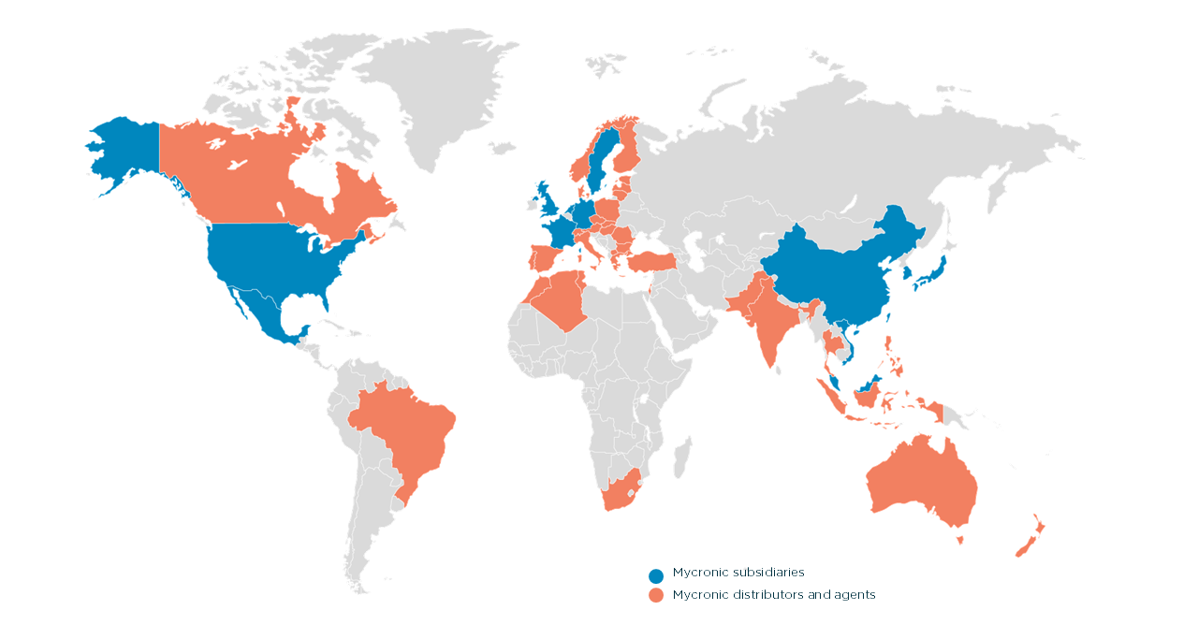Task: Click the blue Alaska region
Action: pyautogui.click(x=126, y=150)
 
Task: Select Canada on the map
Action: pyautogui.click(x=234, y=178)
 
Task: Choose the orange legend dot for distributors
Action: pyautogui.click(x=656, y=596)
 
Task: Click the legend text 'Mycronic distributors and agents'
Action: pyautogui.click(x=774, y=595)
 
